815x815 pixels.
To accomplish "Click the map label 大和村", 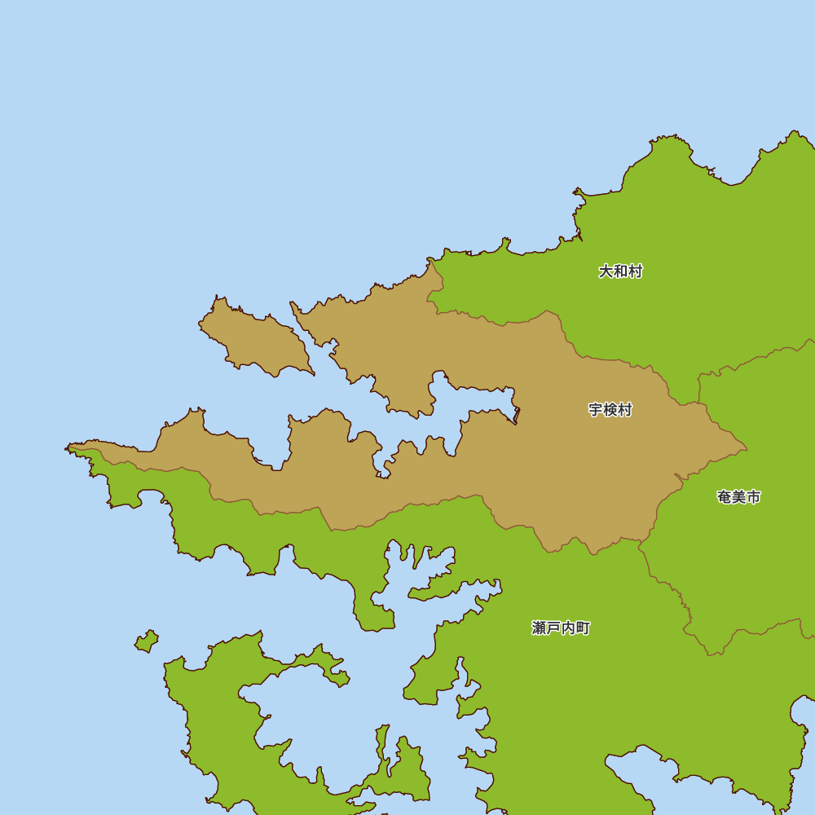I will [620, 271].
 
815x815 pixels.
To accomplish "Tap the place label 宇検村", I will [610, 410].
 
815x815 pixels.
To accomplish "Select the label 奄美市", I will [738, 497].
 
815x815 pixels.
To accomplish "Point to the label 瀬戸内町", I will [561, 628].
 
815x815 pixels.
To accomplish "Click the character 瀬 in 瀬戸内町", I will [540, 628].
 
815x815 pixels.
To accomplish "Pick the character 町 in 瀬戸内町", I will [583, 628].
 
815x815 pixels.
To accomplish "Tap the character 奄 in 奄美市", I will [725, 497].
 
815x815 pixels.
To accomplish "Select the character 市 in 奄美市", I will [753, 497].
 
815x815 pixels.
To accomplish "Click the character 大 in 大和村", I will [606, 271].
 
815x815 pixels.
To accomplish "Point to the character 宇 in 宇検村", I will [596, 410].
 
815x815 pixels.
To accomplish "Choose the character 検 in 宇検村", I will [610, 410].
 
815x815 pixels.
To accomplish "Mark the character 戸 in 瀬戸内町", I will [553, 628].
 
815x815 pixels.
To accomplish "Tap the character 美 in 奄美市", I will [738, 497].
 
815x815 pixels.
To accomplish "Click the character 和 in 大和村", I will [620, 271].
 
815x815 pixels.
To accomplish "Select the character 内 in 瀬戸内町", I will [568, 628].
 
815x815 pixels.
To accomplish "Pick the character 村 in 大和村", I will [635, 271].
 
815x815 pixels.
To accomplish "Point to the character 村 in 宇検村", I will [625, 410].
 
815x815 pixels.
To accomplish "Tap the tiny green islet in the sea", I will [147, 641].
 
